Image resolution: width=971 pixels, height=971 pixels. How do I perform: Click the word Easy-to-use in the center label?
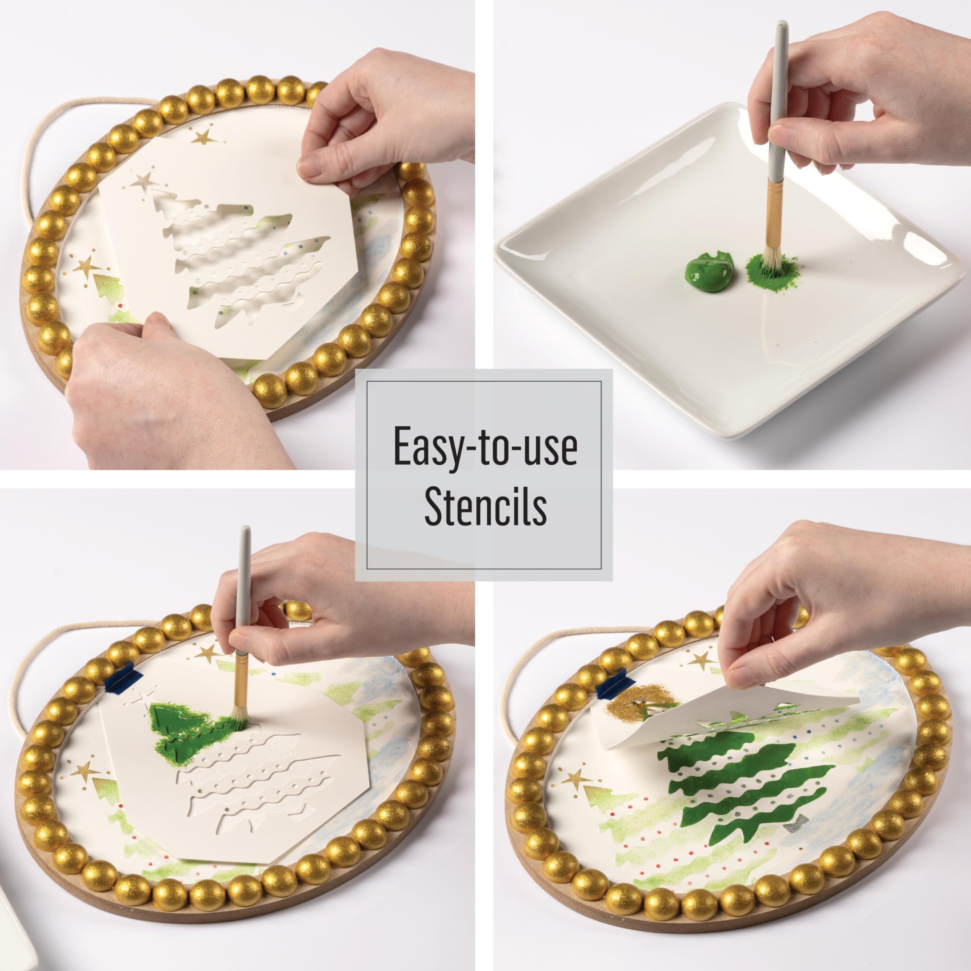click(x=485, y=445)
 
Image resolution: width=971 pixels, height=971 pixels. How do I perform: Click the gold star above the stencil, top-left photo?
click(x=204, y=136)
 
